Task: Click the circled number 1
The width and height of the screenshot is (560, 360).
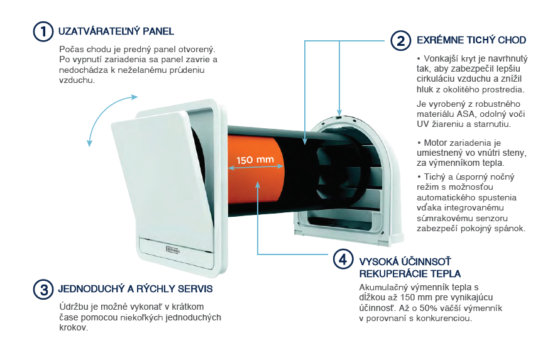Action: pos(43,31)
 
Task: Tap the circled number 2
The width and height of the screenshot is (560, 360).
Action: pos(401,40)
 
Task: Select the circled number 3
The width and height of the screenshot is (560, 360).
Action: pos(43,289)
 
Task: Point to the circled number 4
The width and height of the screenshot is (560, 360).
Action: pos(343,259)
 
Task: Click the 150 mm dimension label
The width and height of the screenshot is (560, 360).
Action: pos(255,160)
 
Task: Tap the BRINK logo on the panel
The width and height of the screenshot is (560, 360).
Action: pos(173,249)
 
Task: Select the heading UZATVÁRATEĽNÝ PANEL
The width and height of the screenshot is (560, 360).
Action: pos(116,31)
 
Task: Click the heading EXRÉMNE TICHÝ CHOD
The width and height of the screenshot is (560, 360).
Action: pos(471,40)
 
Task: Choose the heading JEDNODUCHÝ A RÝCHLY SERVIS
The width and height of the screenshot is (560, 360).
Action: pos(135,288)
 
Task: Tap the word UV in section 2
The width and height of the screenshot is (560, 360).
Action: pos(422,124)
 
